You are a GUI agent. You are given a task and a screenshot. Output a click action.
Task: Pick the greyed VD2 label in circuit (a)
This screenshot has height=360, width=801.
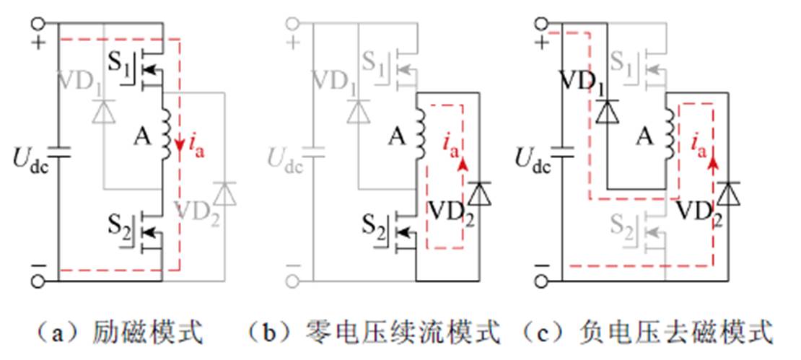pos(196,214)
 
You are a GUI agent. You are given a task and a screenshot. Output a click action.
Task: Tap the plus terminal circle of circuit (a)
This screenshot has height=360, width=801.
pos(39,22)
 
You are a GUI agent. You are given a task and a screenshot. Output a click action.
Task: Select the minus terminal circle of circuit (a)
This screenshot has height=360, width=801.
pos(39,281)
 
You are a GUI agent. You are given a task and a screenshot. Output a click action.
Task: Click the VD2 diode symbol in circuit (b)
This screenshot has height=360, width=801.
pos(477,193)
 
